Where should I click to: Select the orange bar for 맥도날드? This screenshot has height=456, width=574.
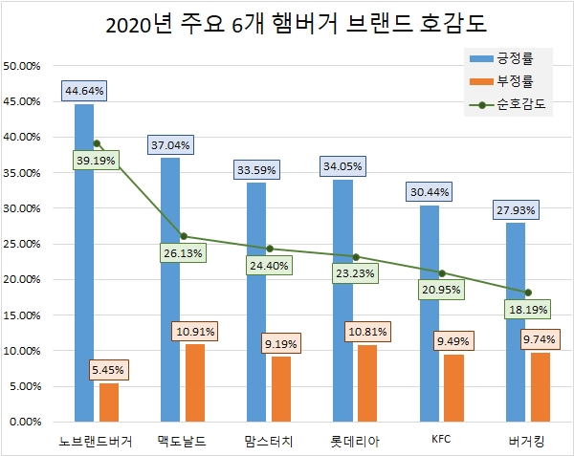point(194,382)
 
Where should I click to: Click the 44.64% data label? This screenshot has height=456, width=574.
point(84,91)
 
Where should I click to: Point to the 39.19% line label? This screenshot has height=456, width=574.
point(96,162)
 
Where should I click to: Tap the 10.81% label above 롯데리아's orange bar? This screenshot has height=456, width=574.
point(367,331)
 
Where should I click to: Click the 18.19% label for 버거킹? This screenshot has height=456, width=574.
point(528,310)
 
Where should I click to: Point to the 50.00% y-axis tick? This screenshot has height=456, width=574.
point(24,66)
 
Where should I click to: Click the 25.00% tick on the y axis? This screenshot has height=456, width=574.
point(24,244)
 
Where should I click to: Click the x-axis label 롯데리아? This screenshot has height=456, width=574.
point(355,441)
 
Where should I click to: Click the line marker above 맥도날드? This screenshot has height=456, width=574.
point(183,236)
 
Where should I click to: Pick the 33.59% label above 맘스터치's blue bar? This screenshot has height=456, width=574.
point(256,170)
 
